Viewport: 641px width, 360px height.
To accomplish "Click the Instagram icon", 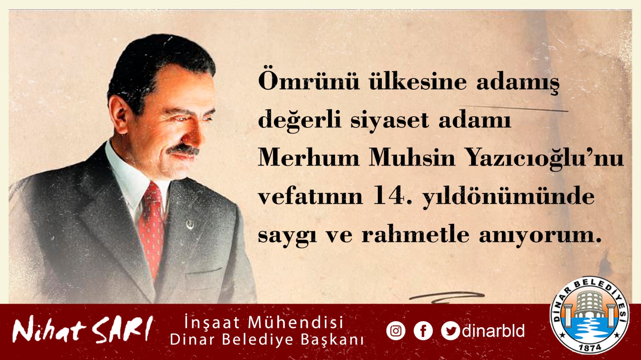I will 396,331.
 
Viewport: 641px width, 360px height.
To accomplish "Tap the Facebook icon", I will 423,331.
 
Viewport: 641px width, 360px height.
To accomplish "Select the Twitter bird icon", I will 450,331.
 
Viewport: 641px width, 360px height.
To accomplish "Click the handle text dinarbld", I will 493,331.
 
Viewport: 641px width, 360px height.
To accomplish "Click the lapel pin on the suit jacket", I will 189,224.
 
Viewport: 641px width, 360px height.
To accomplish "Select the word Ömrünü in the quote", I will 308,80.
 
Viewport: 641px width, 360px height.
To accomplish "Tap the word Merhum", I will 308,157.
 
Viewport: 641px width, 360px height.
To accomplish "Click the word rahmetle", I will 415,234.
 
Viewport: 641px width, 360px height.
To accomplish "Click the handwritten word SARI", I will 122,330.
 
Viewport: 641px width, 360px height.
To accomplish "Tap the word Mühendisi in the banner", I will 296,322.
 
